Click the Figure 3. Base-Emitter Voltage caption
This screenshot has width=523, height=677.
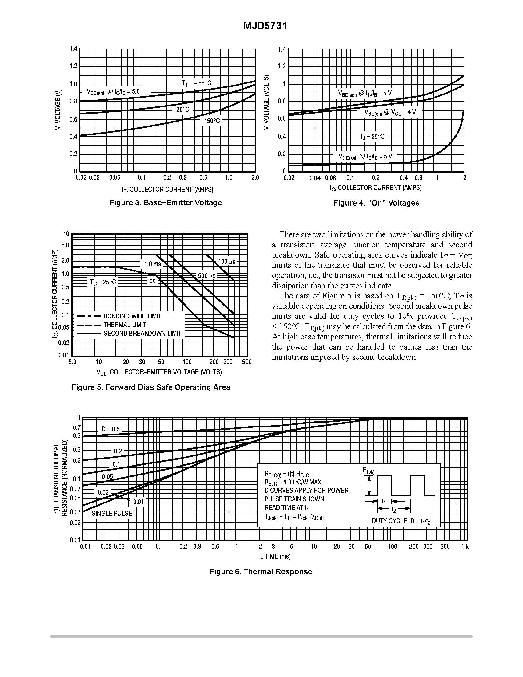(166, 203)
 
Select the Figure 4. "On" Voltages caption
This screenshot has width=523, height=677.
(377, 203)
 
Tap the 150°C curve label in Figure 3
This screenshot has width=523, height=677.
(212, 121)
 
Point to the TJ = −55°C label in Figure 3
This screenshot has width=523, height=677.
(196, 83)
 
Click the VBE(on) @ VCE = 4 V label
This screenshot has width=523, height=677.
(390, 112)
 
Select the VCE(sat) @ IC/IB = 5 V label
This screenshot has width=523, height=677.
(365, 157)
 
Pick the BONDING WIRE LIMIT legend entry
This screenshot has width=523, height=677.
(132, 316)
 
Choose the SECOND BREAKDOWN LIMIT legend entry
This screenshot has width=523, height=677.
(142, 334)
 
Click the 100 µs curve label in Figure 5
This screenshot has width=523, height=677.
(227, 262)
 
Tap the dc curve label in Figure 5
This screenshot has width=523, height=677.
(152, 281)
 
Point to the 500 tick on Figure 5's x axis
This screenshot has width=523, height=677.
(247, 362)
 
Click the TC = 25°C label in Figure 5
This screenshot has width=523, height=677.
(103, 282)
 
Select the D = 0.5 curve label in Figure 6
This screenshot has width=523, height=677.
(110, 429)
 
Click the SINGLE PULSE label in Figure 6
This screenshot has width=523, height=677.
(112, 513)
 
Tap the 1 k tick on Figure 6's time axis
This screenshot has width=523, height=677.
(465, 547)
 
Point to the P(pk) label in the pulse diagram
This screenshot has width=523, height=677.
(369, 471)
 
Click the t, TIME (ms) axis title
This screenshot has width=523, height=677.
(275, 556)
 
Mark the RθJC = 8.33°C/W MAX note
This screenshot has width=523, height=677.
(293, 482)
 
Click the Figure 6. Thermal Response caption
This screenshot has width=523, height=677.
(261, 572)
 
